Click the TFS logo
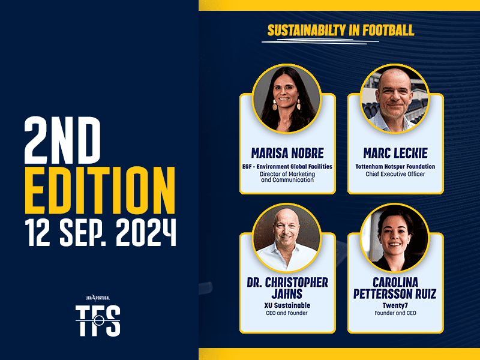pyautogui.click(x=98, y=320)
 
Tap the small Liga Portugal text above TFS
pyautogui.click(x=98, y=298)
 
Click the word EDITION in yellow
pyautogui.click(x=100, y=190)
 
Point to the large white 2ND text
pyautogui.click(x=62, y=140)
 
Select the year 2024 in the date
pyautogui.click(x=146, y=232)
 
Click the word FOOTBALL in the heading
pyautogui.click(x=388, y=31)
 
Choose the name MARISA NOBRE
pyautogui.click(x=287, y=153)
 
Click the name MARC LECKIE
pyautogui.click(x=395, y=153)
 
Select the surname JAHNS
pyautogui.click(x=287, y=294)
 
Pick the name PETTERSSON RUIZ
pyautogui.click(x=395, y=294)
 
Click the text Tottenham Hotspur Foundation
pyautogui.click(x=395, y=167)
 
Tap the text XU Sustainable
pyautogui.click(x=287, y=305)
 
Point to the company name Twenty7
pyautogui.click(x=395, y=305)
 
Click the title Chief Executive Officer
pyautogui.click(x=395, y=174)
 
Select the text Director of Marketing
pyautogui.click(x=287, y=174)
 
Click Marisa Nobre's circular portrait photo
pyautogui.click(x=287, y=99)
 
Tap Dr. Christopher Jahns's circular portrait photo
pyautogui.click(x=287, y=238)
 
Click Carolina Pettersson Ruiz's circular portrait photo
pyautogui.click(x=395, y=238)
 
